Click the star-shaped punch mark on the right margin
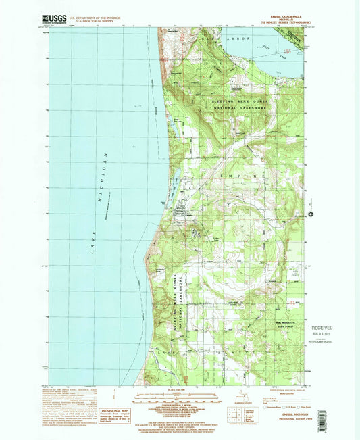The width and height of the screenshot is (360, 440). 311,215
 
